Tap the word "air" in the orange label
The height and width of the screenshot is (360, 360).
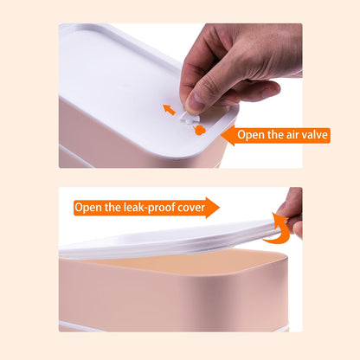click(292, 135)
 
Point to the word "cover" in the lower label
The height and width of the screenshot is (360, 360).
click(191, 208)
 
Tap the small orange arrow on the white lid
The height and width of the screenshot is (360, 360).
click(169, 110)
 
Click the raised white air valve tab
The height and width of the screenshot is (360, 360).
click(189, 118)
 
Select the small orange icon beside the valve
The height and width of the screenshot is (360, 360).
click(200, 130)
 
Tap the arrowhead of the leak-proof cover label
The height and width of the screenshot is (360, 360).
click(213, 208)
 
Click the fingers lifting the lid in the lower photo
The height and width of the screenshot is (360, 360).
click(292, 214)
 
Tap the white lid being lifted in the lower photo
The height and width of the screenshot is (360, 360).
click(167, 240)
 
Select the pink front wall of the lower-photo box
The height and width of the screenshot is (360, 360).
click(173, 297)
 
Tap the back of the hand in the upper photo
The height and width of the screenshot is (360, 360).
click(260, 49)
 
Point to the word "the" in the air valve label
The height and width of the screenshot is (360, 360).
click(273, 135)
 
